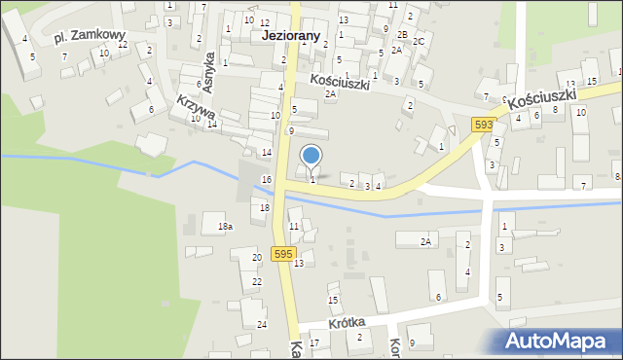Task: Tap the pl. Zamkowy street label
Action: click(x=91, y=36)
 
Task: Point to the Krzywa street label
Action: click(x=196, y=109)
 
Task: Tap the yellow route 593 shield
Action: click(x=484, y=125)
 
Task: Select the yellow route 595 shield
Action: click(x=282, y=254)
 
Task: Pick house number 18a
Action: click(x=225, y=227)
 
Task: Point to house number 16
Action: click(x=267, y=180)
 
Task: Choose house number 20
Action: click(x=257, y=257)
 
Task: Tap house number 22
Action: click(x=257, y=281)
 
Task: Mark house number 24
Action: click(x=261, y=324)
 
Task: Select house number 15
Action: click(x=333, y=300)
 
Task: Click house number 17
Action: click(x=313, y=343)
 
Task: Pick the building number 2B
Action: click(x=402, y=34)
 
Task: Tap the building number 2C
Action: click(x=419, y=42)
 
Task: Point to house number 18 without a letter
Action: click(x=264, y=208)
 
